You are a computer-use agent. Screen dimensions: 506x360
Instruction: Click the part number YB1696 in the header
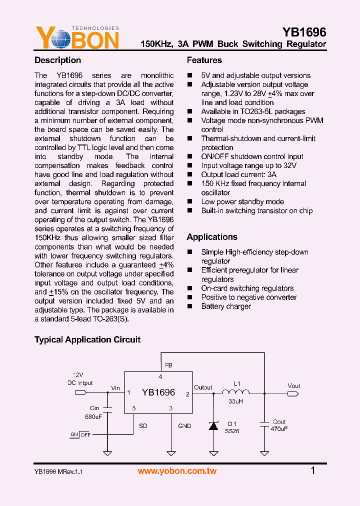(304, 32)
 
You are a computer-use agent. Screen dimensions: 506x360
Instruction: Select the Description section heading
(57, 60)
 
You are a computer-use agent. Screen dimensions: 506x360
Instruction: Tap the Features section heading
(204, 60)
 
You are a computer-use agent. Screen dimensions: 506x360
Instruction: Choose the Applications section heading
(212, 237)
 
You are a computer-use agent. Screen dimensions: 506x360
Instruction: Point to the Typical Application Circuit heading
(87, 339)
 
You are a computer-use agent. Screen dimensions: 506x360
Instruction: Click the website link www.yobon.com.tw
(177, 471)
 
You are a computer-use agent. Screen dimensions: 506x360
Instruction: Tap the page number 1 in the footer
(313, 470)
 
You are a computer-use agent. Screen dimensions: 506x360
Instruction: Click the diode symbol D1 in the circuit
(213, 425)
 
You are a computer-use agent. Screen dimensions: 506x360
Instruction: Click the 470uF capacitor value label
(279, 429)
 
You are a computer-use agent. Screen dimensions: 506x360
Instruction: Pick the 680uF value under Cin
(93, 416)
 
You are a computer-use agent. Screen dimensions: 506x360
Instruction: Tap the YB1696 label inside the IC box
(158, 392)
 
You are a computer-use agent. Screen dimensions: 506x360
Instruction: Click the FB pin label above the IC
(168, 365)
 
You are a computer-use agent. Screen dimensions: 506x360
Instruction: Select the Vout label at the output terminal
(294, 385)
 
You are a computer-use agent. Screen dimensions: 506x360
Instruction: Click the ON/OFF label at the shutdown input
(80, 434)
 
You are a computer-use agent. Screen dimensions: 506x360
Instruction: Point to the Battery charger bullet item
(226, 306)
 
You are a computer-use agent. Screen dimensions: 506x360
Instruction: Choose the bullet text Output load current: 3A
(238, 174)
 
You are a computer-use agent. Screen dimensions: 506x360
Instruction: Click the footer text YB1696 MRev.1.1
(58, 471)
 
